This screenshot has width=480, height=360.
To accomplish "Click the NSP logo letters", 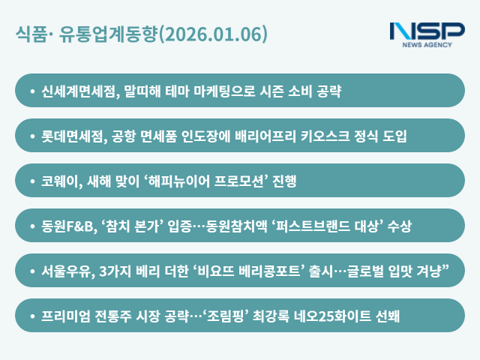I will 427,31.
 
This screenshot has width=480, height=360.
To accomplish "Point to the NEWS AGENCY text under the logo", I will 427,45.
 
